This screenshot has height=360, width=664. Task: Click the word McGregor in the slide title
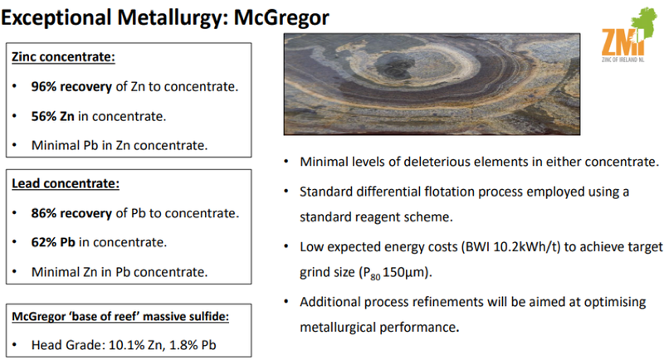281,18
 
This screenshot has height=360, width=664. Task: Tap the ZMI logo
628,36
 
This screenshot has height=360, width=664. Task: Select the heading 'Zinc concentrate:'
63,57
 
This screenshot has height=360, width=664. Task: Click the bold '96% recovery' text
71,87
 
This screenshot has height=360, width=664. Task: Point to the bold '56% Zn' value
52,116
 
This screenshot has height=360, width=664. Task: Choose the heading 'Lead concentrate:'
66,183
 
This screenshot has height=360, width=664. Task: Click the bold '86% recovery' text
71,213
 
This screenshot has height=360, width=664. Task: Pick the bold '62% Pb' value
53,242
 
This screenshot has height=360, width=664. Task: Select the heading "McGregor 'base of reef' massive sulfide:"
120,316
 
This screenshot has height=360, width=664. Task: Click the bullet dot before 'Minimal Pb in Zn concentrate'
15,145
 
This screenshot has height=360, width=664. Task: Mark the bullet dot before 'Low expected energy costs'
286,246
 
